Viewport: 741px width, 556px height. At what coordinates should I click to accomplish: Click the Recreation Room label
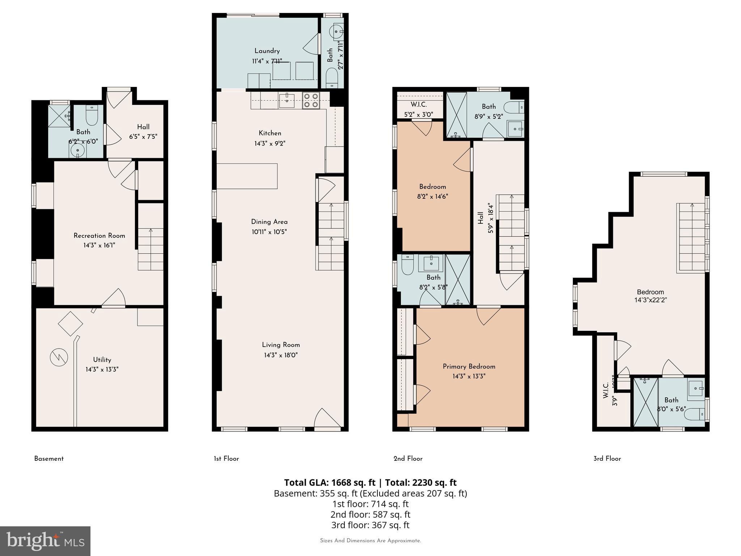tap(99, 236)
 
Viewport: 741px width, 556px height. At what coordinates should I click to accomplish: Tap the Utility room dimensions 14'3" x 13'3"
tap(102, 370)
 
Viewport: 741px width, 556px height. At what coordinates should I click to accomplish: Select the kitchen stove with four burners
tap(311, 101)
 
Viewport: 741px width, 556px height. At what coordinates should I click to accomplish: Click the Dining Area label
tap(269, 222)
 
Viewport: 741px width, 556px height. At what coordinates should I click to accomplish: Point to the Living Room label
tap(281, 345)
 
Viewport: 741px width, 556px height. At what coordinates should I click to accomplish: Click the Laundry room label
tap(267, 51)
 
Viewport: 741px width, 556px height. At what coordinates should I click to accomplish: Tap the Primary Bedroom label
tap(469, 367)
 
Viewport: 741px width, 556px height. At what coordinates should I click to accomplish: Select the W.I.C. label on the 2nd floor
tap(419, 105)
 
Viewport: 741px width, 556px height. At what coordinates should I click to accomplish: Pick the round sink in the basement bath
tap(77, 150)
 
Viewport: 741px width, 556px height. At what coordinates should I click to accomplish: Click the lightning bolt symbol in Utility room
tap(59, 357)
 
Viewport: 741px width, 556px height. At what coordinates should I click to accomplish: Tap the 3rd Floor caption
tap(607, 459)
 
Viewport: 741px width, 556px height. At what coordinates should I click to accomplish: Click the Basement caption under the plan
tap(49, 459)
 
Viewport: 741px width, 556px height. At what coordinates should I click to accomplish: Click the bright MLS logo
tap(45, 541)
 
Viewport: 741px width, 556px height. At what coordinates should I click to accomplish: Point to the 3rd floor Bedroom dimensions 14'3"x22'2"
tap(650, 300)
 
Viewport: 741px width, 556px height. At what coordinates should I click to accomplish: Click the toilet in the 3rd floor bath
tap(695, 414)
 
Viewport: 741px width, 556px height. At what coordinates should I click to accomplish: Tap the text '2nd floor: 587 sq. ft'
tap(370, 514)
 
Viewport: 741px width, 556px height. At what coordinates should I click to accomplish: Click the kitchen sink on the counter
tap(287, 100)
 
